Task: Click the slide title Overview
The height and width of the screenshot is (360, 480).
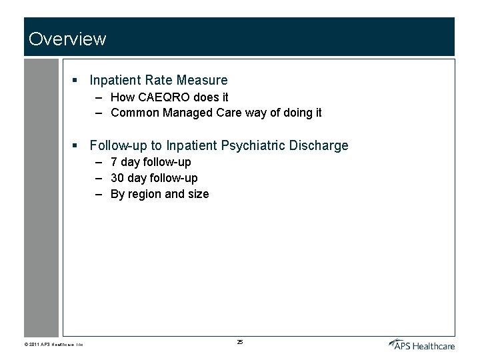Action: pyautogui.click(x=67, y=39)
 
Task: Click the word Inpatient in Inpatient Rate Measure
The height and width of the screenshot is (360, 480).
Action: pyautogui.click(x=115, y=80)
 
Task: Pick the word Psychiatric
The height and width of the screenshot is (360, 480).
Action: pyautogui.click(x=253, y=145)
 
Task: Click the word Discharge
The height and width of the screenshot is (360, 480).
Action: pyautogui.click(x=319, y=145)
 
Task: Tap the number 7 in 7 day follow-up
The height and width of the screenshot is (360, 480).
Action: pyautogui.click(x=115, y=162)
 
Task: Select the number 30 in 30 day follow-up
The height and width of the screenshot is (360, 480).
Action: pyautogui.click(x=118, y=178)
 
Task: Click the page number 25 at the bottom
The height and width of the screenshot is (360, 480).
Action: pyautogui.click(x=240, y=342)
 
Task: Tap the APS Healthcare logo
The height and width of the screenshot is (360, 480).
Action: pyautogui.click(x=421, y=344)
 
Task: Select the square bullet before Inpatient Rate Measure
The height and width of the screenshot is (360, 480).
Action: pyautogui.click(x=76, y=81)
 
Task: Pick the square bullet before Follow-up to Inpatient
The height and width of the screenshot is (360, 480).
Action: pyautogui.click(x=76, y=146)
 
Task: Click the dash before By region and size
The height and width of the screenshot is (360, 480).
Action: pyautogui.click(x=98, y=195)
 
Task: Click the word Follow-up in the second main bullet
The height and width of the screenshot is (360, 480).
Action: pyautogui.click(x=125, y=145)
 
